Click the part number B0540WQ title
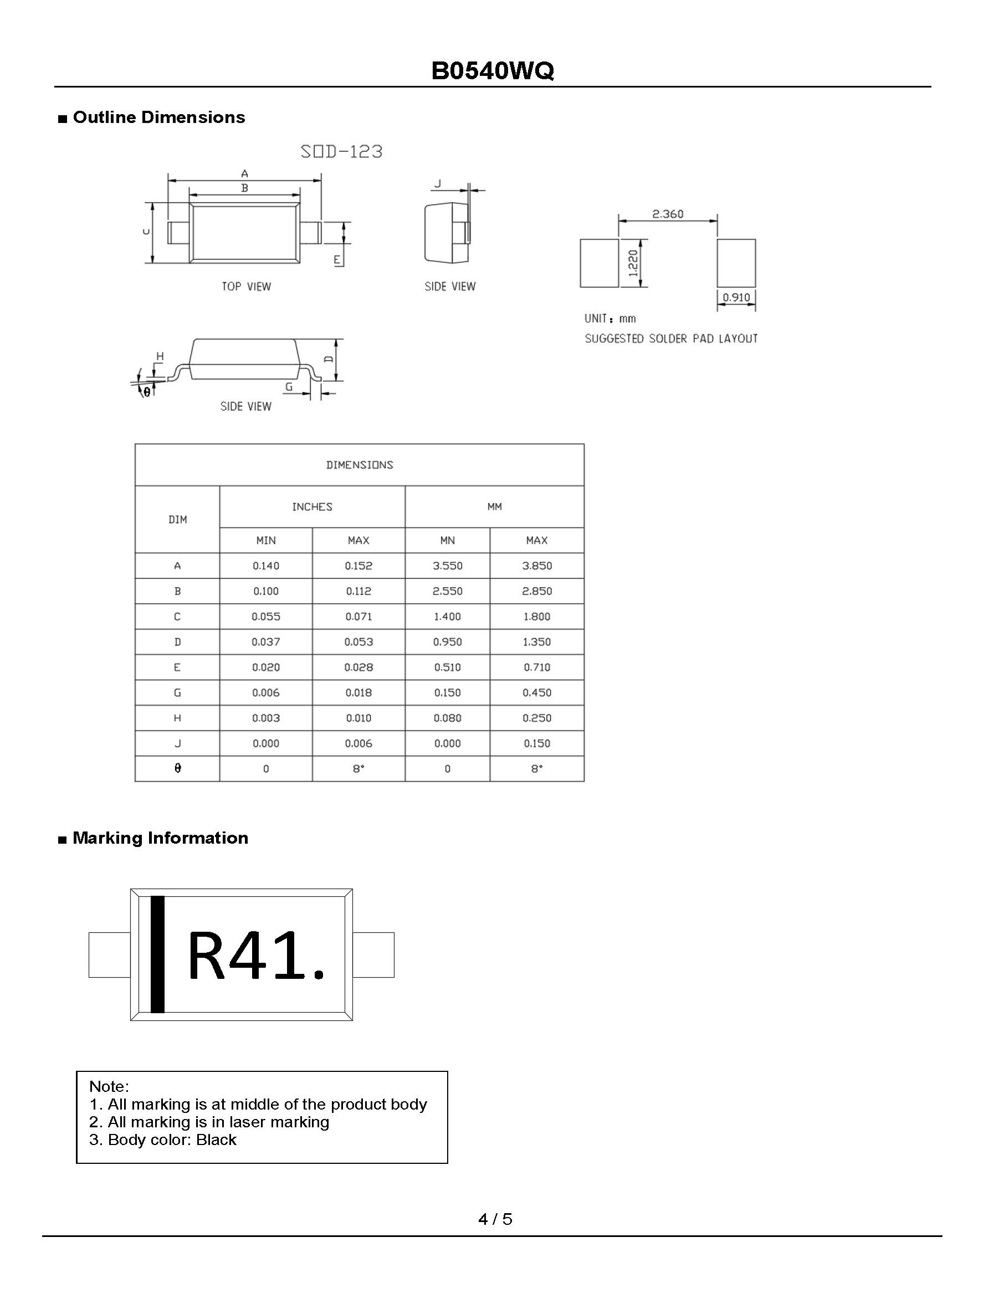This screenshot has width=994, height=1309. pos(493,71)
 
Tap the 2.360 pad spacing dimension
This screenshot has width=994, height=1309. pos(667,214)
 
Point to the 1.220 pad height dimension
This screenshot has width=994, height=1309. pos(633,263)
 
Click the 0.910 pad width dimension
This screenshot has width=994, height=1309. pos(736,297)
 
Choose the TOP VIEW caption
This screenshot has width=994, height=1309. pos(246,286)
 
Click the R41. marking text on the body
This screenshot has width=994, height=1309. pos(256,956)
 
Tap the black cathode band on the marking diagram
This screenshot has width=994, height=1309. pos(157,954)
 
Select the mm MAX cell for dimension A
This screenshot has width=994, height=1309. pos(536,566)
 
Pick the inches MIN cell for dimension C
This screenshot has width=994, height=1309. pos(266,617)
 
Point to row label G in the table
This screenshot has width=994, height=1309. pos(177,692)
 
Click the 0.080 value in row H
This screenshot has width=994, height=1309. pos(447,718)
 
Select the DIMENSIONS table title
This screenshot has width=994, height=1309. pos(360,465)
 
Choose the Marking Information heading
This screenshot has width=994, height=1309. pos(160,838)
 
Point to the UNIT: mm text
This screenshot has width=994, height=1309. pos(610,319)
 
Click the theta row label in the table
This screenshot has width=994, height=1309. pos(177,768)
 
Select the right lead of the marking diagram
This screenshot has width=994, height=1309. pos(373,954)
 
